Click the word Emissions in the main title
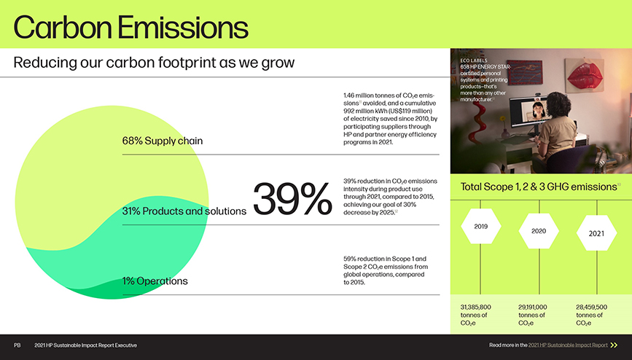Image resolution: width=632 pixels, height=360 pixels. coord(183,28)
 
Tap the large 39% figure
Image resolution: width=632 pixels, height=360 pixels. coord(292,199)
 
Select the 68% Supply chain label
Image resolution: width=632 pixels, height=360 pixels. coord(163,141)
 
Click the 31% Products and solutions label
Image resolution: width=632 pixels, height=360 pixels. coord(184,211)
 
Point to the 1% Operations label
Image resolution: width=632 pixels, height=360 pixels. coord(155,281)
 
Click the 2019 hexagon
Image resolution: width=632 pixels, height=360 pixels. coord(481,226)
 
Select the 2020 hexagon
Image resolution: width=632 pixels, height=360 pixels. coord(539,231)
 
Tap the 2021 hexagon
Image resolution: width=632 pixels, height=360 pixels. coord(596,233)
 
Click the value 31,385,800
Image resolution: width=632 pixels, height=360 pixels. coord(475,308)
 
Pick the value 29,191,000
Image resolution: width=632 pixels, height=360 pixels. coord(533,308)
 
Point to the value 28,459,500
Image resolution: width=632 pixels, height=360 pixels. coord(591,308)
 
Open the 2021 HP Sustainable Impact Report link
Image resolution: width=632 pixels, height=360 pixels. coord(568,345)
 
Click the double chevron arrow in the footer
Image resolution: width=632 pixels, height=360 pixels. coord(614,345)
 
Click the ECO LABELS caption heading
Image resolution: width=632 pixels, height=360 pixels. coord(474,60)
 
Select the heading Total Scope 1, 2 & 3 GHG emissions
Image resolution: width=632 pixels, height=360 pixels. coord(539,187)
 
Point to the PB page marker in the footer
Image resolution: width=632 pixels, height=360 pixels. coord(17,345)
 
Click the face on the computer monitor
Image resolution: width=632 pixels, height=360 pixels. coord(538,109)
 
